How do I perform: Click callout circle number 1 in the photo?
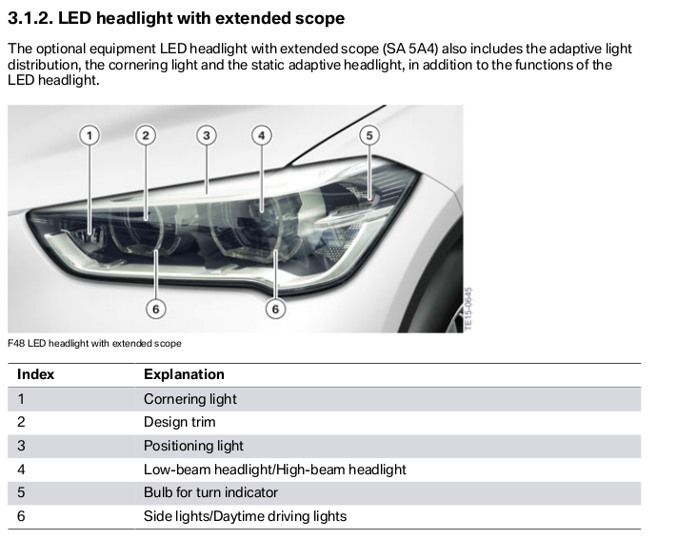(x=89, y=135)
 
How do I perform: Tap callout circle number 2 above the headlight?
(x=146, y=135)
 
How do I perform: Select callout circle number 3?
(x=206, y=135)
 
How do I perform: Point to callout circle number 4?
(x=262, y=135)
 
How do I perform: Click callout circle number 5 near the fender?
(x=369, y=135)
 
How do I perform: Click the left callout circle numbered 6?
(x=156, y=308)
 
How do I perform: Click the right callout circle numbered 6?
(x=276, y=309)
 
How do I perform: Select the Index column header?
(x=35, y=374)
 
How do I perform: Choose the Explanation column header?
(x=184, y=374)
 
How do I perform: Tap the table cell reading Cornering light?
(x=189, y=399)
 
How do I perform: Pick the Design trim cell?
(x=179, y=422)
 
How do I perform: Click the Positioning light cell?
(x=193, y=446)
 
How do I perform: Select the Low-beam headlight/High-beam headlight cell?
(x=274, y=470)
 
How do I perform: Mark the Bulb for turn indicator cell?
(x=210, y=492)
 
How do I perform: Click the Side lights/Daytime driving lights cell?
(x=245, y=516)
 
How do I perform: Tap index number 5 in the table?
(x=21, y=492)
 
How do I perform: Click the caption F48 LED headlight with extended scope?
(x=93, y=343)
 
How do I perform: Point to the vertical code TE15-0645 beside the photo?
(x=468, y=309)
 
